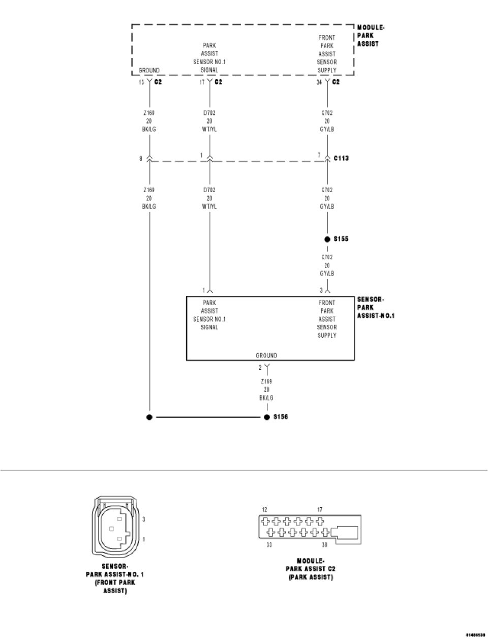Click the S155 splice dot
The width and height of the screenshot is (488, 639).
pyautogui.click(x=327, y=239)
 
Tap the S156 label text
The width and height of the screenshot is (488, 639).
pyautogui.click(x=281, y=417)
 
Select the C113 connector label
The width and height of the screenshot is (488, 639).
pyautogui.click(x=341, y=158)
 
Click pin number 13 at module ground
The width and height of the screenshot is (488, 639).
pyautogui.click(x=141, y=82)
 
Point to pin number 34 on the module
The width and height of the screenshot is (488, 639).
pyautogui.click(x=319, y=82)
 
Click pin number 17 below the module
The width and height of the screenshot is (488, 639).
pyautogui.click(x=202, y=82)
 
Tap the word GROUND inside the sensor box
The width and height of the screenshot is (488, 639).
pyautogui.click(x=266, y=355)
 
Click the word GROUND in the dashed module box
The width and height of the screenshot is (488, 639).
pyautogui.click(x=149, y=70)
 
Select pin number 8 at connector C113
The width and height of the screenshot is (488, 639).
pyautogui.click(x=141, y=159)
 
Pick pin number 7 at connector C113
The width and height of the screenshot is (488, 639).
pyautogui.click(x=319, y=155)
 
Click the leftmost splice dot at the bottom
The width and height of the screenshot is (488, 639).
pyautogui.click(x=149, y=417)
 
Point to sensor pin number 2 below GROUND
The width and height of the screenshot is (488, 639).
pyautogui.click(x=260, y=368)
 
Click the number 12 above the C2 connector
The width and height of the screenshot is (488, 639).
pyautogui.click(x=264, y=509)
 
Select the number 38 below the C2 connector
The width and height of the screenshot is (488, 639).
pyautogui.click(x=324, y=544)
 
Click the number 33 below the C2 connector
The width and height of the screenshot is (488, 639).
pyautogui.click(x=269, y=544)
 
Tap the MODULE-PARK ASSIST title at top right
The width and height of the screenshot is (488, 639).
pyautogui.click(x=371, y=36)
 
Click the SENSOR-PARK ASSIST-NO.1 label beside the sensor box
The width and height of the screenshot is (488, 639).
pyautogui.click(x=376, y=308)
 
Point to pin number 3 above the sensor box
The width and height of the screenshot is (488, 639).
pyautogui.click(x=321, y=290)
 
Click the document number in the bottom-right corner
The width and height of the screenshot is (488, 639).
pyautogui.click(x=475, y=635)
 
